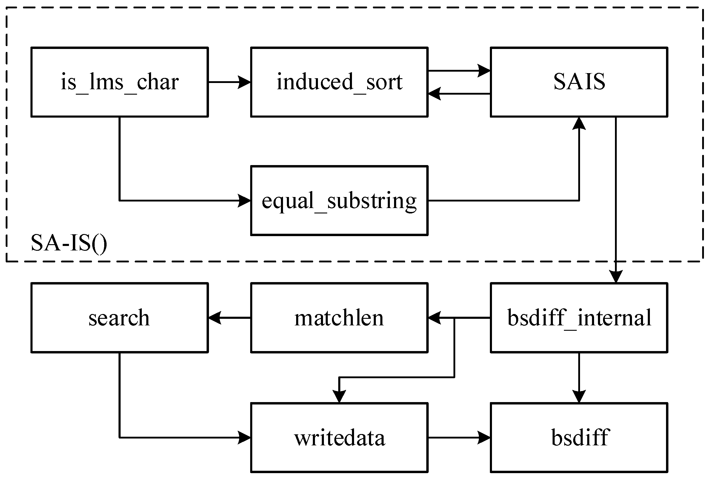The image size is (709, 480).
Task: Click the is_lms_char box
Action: point(119,82)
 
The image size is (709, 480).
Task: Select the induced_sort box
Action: point(339,82)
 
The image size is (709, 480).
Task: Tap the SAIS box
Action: point(579,82)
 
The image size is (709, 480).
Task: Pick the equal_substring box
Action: point(339,201)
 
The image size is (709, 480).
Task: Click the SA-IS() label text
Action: point(69,243)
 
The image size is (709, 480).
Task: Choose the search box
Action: point(119,318)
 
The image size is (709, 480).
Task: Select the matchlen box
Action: point(339,318)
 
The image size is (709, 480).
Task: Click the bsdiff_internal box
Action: point(579,318)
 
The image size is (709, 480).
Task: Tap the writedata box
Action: point(339,438)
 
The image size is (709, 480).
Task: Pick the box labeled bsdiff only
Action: point(579,438)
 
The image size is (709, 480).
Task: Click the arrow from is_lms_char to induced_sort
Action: point(229,82)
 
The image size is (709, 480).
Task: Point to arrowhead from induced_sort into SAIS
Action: point(484,71)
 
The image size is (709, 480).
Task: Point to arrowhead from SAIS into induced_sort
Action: point(435,94)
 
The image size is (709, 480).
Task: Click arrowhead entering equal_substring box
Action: point(244,201)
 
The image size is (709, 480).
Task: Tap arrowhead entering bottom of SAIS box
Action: point(579,124)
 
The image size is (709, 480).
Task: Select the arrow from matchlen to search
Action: point(229,318)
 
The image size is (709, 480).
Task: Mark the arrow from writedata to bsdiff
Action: point(459,438)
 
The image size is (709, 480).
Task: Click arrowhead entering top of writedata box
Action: point(339,396)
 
